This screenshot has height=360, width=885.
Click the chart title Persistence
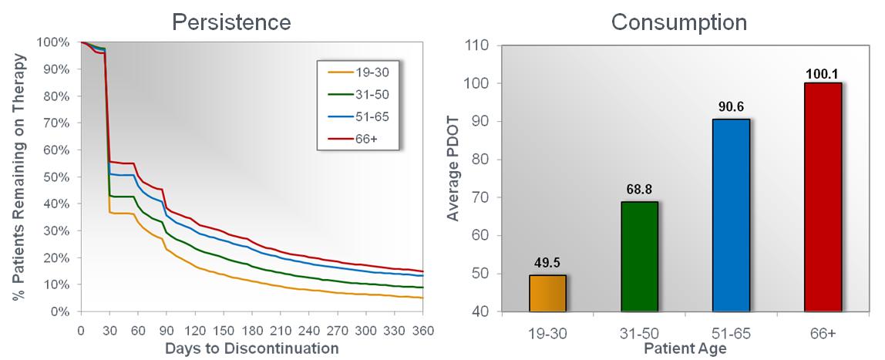tap(231, 22)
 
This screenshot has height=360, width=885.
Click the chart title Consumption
tap(678, 22)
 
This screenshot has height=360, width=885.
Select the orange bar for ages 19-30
tap(547, 293)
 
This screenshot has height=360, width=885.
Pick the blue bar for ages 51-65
tap(731, 215)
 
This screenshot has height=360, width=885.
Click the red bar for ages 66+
tap(823, 197)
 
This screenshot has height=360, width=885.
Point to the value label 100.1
tap(823, 74)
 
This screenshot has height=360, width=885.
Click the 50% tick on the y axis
tap(60, 177)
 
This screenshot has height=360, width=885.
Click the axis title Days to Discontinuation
tap(252, 348)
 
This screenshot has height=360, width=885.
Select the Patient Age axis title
tap(685, 348)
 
